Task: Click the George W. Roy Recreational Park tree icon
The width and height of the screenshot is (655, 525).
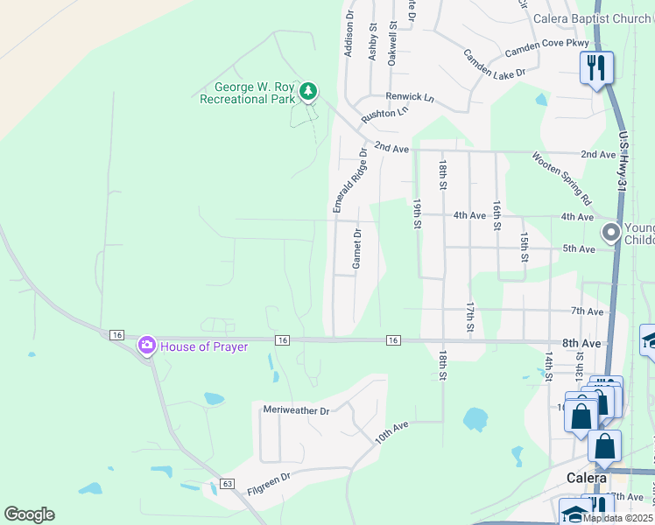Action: coord(307,90)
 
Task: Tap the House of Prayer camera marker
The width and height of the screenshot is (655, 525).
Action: coord(146,346)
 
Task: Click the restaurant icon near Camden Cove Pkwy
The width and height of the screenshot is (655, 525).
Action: coord(596,67)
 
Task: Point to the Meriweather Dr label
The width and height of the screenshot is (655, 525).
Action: coord(296,409)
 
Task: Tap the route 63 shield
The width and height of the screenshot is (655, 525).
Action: coord(229,483)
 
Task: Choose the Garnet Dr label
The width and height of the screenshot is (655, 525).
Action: coord(357,249)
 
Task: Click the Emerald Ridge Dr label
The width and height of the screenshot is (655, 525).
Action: coord(349,179)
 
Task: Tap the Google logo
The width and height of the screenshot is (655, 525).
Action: coord(29,514)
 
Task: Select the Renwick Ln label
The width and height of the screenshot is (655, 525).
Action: coord(410,96)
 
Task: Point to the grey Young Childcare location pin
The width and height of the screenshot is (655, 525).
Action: coord(610,232)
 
